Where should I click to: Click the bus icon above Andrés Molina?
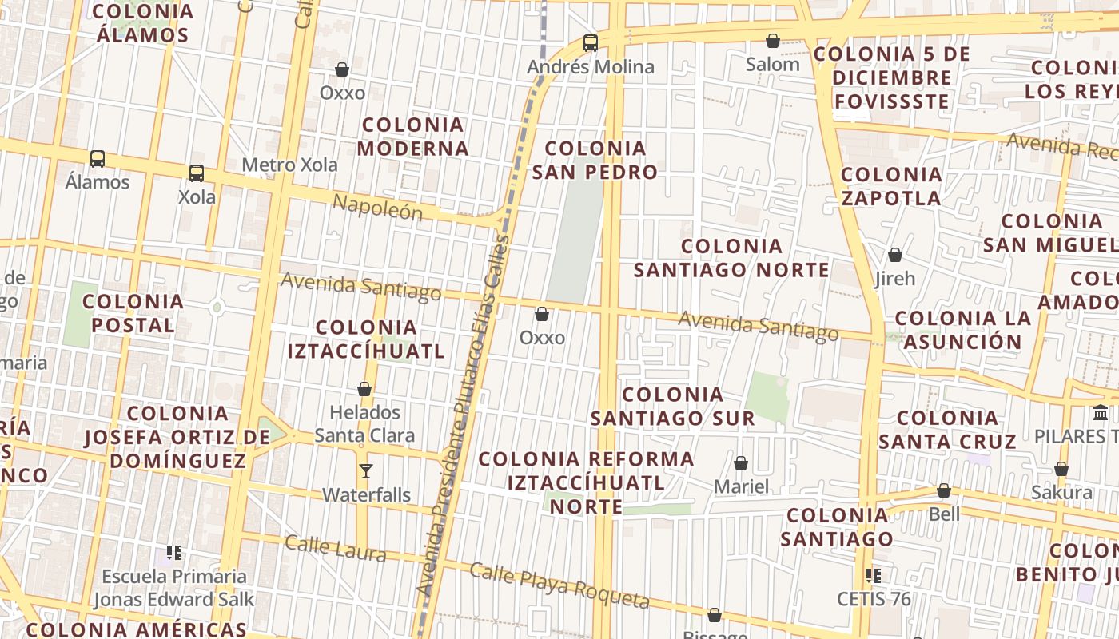pyautogui.click(x=591, y=43)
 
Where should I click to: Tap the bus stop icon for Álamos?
pyautogui.click(x=98, y=158)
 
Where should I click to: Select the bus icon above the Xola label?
pyautogui.click(x=197, y=173)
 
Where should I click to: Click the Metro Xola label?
pyautogui.click(x=289, y=165)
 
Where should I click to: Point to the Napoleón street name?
pyautogui.click(x=376, y=207)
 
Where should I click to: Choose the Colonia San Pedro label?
pyautogui.click(x=595, y=160)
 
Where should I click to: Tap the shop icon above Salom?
pyautogui.click(x=773, y=41)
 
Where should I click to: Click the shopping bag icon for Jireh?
pyautogui.click(x=895, y=255)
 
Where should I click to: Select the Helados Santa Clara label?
pyautogui.click(x=364, y=424)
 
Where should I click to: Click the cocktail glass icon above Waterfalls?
pyautogui.click(x=366, y=471)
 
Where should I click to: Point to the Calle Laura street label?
pyautogui.click(x=336, y=548)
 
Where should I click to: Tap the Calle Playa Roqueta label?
pyautogui.click(x=559, y=585)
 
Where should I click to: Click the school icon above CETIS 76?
pyautogui.click(x=874, y=575)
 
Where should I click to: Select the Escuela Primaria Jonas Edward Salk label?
pyautogui.click(x=174, y=588)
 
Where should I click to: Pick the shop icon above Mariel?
pyautogui.click(x=741, y=463)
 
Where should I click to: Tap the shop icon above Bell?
pyautogui.click(x=944, y=490)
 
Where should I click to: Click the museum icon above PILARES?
pyautogui.click(x=1101, y=413)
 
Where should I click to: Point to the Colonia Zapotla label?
pyautogui.click(x=891, y=186)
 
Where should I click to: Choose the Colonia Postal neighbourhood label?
pyautogui.click(x=133, y=313)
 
